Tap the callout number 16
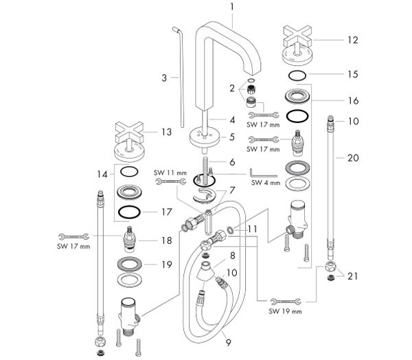coord(353,100)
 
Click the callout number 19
coord(165,264)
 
